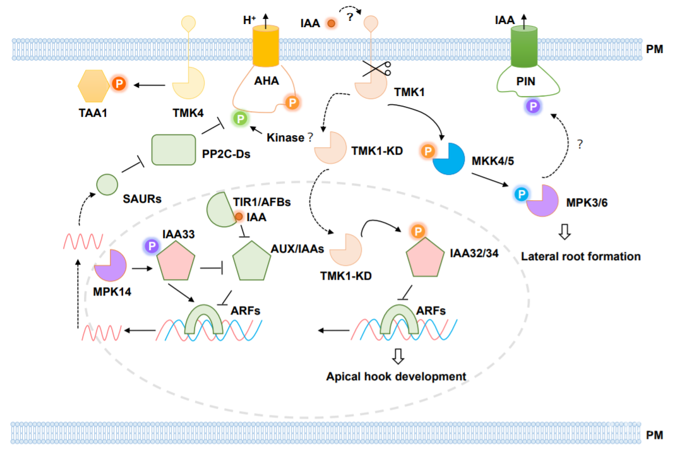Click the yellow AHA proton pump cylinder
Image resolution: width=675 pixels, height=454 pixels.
[265, 47]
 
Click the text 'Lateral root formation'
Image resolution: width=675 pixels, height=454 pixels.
[581, 256]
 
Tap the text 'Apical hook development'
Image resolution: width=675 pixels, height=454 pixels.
[396, 376]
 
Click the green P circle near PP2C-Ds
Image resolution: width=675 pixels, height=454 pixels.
[239, 117]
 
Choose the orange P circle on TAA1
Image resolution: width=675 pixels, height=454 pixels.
[118, 83]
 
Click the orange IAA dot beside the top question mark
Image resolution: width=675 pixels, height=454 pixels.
[330, 23]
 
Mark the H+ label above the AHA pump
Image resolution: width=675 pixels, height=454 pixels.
[250, 20]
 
